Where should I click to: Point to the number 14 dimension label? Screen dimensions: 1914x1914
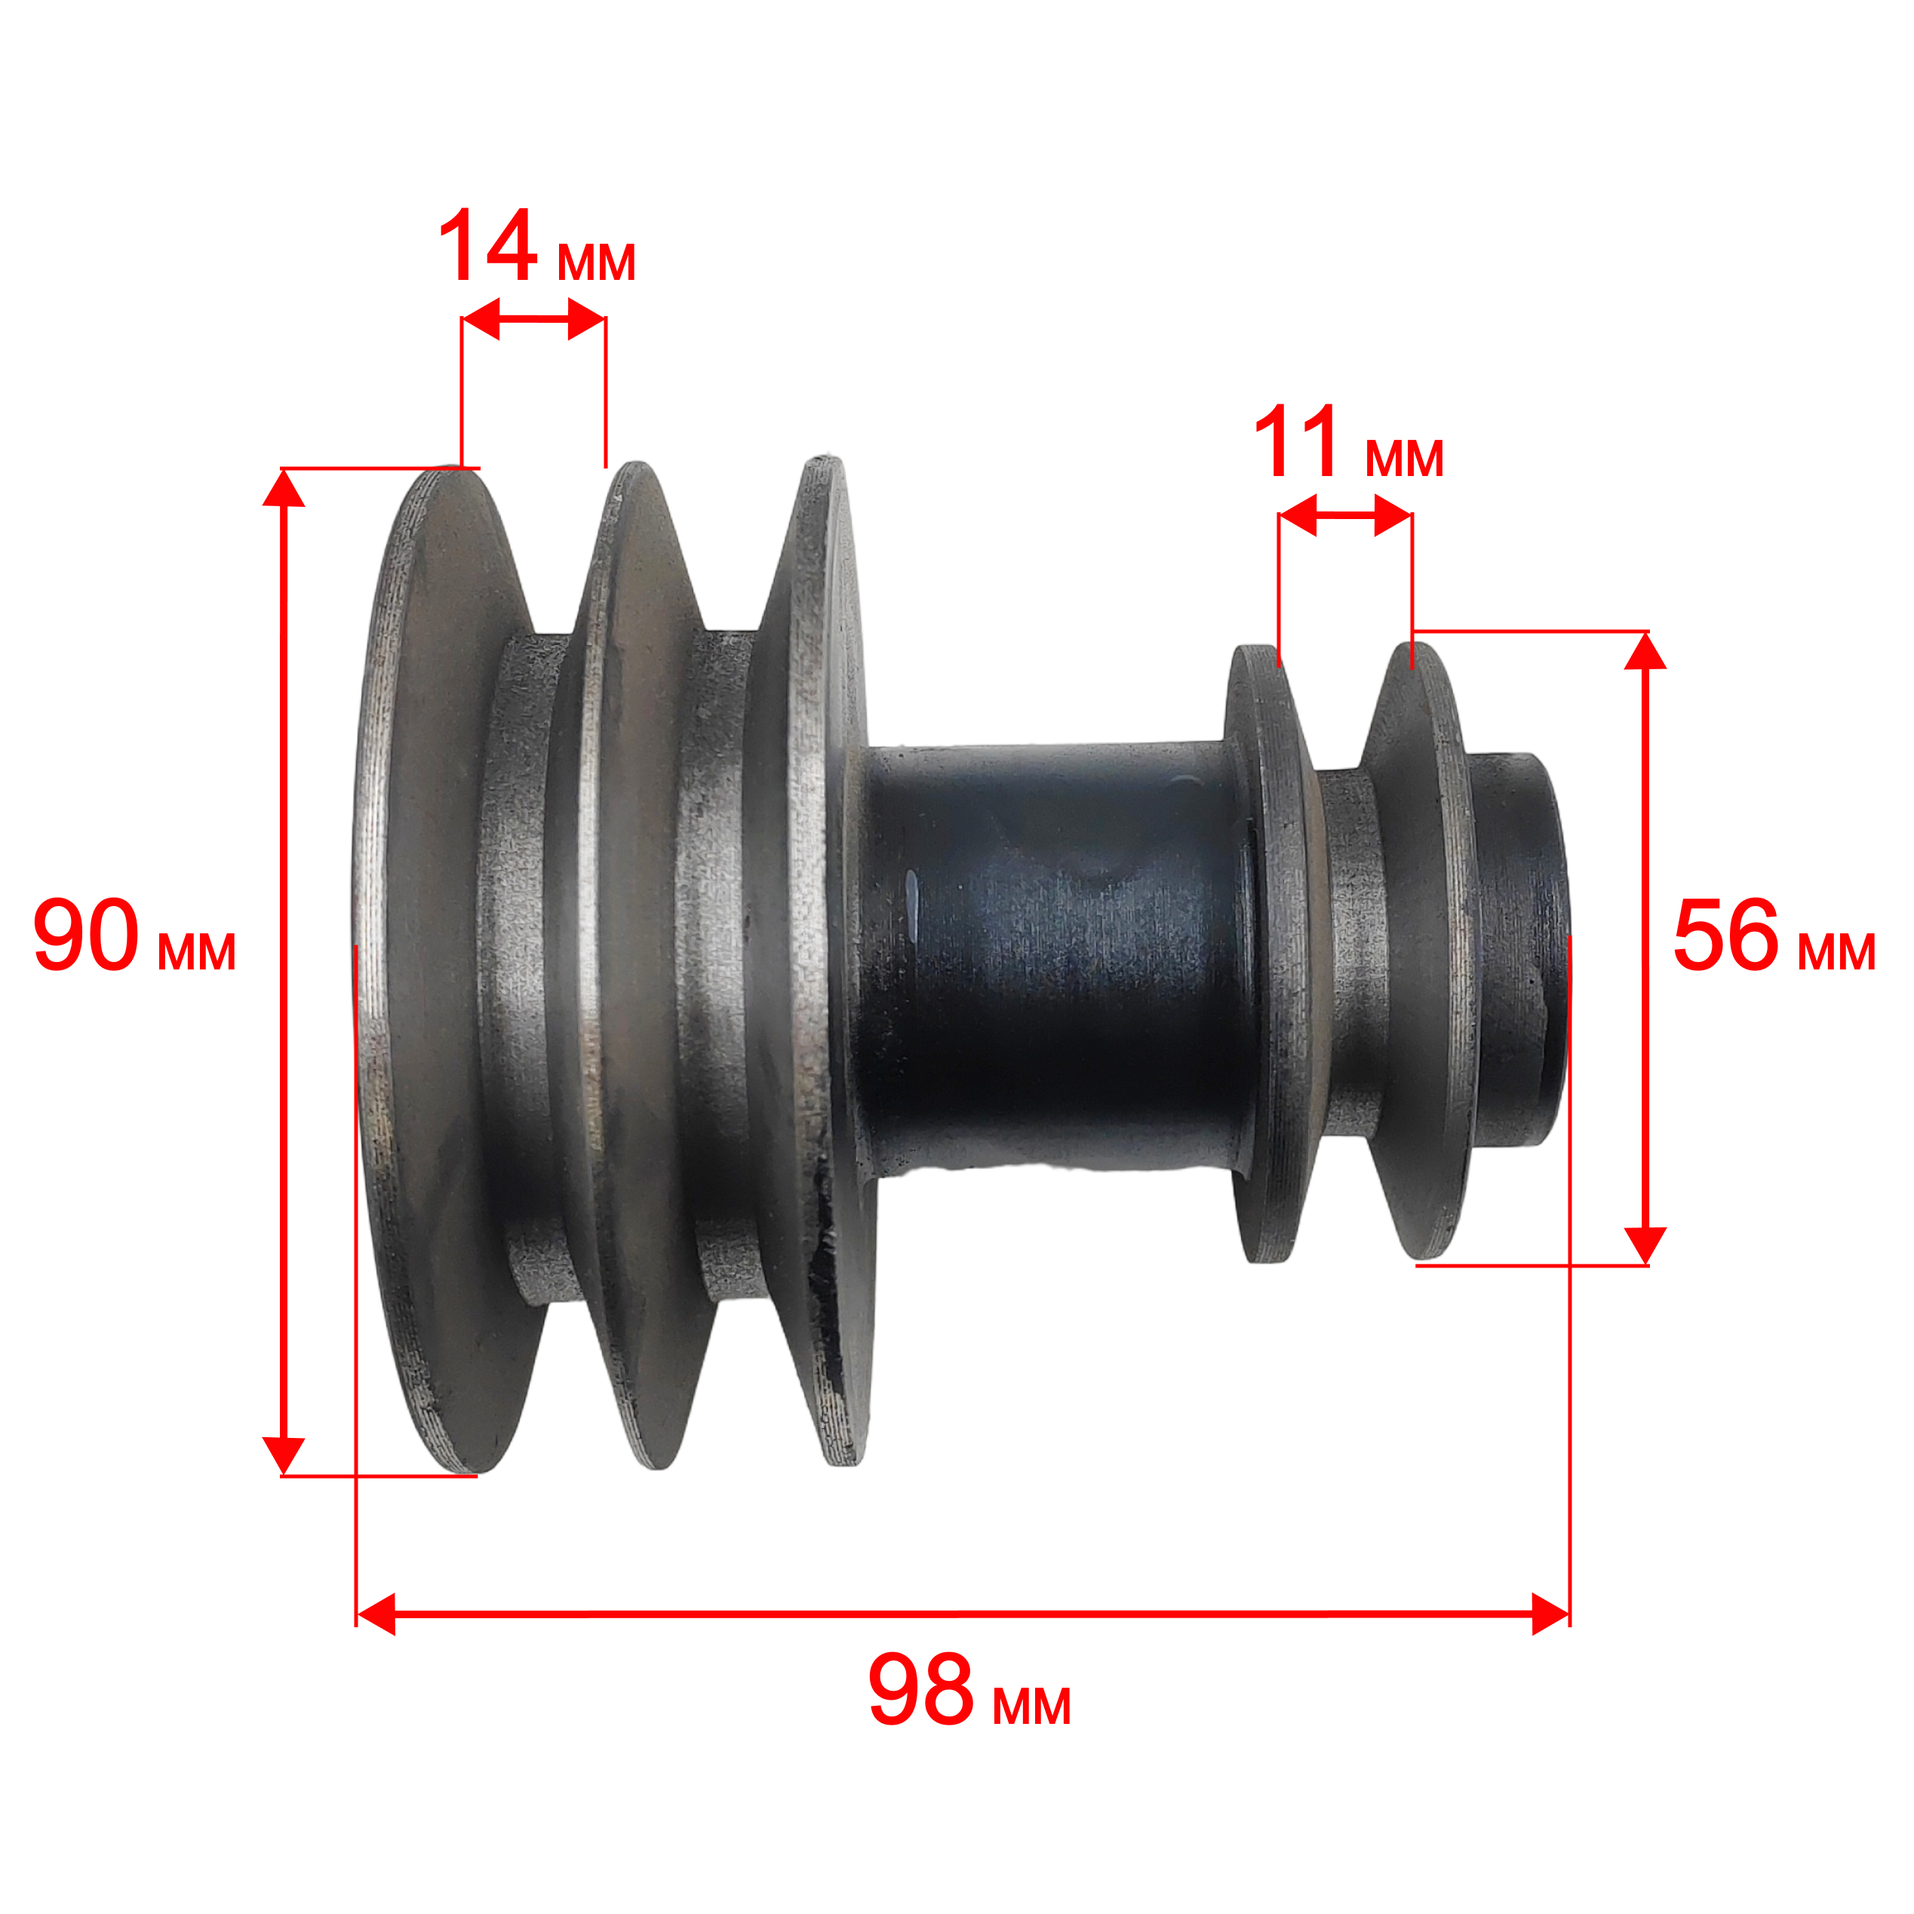[x=487, y=246]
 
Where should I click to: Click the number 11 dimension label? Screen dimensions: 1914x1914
[x=1297, y=442]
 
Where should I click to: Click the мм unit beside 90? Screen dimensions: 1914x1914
[x=197, y=951]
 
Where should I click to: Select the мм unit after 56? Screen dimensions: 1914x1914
[x=1837, y=951]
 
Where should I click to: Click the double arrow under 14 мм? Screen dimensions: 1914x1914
[x=533, y=319]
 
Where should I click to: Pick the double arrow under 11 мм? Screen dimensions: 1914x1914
[x=1345, y=515]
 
